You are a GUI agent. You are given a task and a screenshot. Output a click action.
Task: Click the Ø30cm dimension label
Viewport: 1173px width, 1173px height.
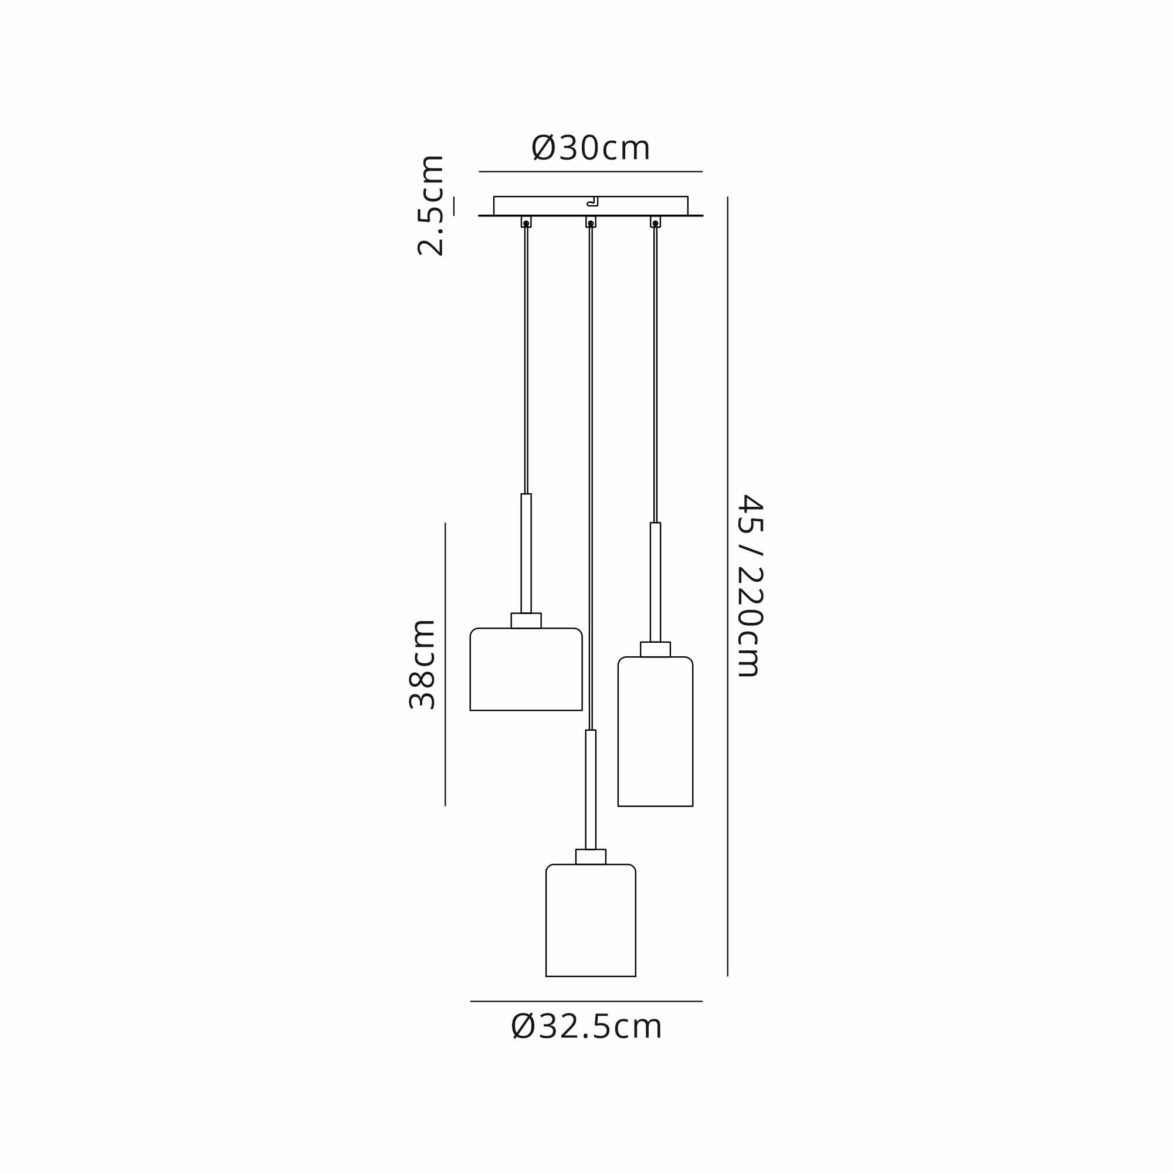(x=590, y=148)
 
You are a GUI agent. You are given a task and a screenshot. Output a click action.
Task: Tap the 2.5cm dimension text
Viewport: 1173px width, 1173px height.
(x=430, y=205)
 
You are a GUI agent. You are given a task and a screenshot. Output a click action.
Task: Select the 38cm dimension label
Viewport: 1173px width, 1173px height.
(x=422, y=665)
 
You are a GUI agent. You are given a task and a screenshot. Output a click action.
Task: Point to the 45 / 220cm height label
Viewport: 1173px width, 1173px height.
(x=749, y=586)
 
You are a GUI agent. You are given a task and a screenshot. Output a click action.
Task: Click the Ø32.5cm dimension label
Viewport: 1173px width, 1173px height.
(x=586, y=1026)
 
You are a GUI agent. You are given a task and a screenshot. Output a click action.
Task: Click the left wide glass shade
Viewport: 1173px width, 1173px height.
(x=526, y=669)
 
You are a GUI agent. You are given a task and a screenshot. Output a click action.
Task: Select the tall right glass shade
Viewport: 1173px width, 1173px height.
(x=655, y=731)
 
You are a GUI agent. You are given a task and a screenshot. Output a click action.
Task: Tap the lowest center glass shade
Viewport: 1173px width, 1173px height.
(x=591, y=920)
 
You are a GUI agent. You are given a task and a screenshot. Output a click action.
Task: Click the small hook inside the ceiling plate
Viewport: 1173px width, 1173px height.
(x=592, y=202)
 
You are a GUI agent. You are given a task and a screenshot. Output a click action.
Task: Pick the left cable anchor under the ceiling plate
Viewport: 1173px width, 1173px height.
(x=526, y=222)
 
